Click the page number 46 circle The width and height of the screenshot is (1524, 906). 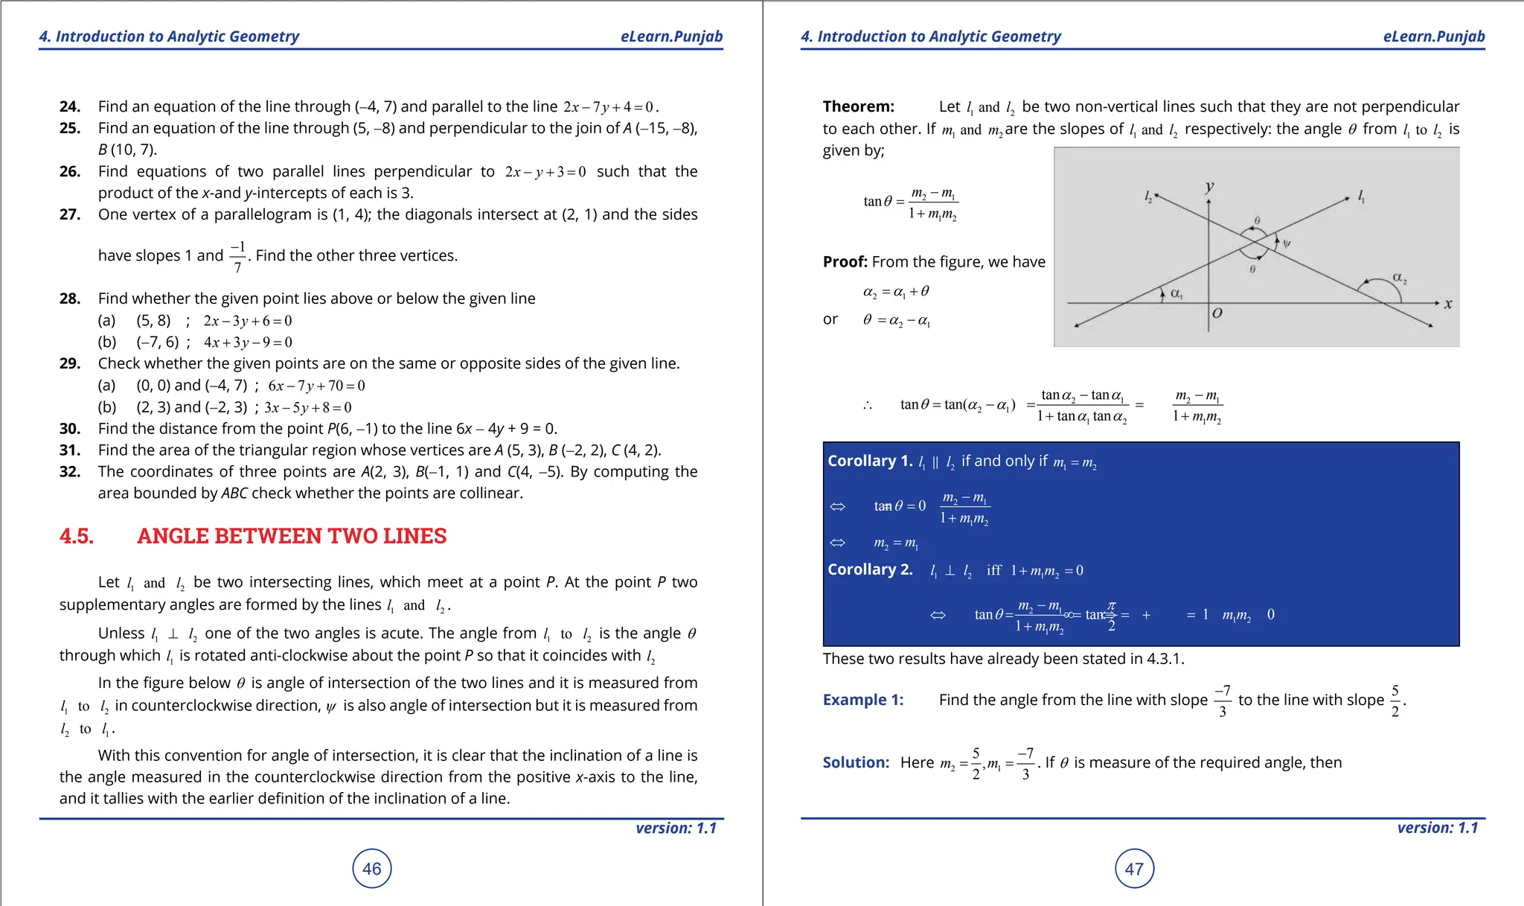(x=371, y=868)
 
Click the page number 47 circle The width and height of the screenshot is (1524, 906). (x=1134, y=868)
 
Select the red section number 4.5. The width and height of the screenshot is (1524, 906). (x=77, y=536)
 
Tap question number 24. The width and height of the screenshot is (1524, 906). (x=69, y=106)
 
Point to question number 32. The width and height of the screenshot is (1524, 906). (x=69, y=471)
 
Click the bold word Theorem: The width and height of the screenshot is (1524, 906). (x=858, y=106)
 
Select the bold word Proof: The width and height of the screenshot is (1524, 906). (x=845, y=261)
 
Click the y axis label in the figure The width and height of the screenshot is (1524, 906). (x=1209, y=186)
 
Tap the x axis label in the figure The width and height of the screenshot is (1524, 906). (x=1447, y=304)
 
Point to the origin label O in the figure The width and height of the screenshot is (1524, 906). (x=1217, y=313)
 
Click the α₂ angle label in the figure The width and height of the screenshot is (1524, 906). (x=1399, y=278)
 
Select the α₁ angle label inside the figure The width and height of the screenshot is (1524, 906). (x=1176, y=293)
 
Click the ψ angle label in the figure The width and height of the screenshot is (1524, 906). (x=1287, y=243)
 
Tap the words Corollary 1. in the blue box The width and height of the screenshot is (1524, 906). (x=869, y=461)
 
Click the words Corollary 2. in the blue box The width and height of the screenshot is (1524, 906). (x=869, y=570)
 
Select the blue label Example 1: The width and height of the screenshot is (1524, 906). (x=862, y=700)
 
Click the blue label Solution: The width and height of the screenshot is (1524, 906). (x=856, y=762)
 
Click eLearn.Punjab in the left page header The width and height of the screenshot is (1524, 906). (x=671, y=36)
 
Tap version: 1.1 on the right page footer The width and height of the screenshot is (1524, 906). (x=1437, y=828)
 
